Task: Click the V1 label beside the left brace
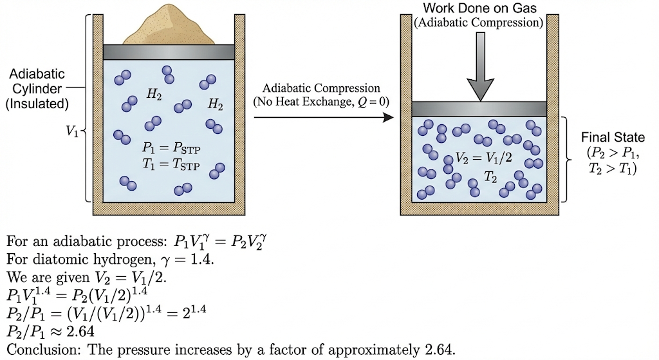click(x=73, y=131)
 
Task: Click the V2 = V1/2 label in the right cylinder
click(x=483, y=156)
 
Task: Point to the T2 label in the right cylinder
click(x=490, y=176)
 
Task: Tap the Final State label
click(x=612, y=138)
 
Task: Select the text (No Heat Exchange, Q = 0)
click(x=321, y=102)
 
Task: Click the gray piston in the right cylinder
click(x=479, y=108)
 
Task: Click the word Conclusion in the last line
click(x=36, y=351)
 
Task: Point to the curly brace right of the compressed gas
click(x=566, y=157)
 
